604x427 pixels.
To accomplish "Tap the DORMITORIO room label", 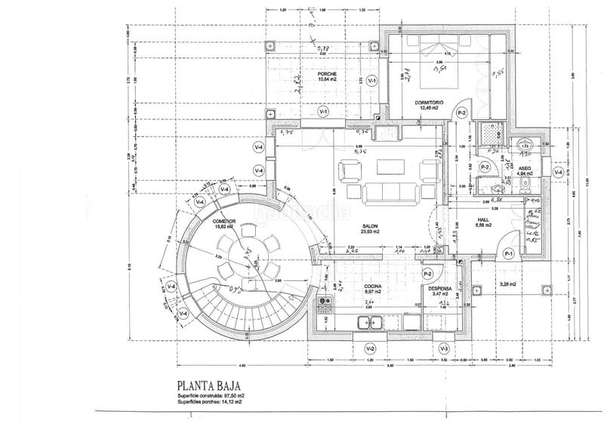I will click(x=429, y=101).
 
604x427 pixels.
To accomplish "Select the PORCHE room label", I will click(x=326, y=73).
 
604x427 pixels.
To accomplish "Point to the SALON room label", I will click(x=369, y=226).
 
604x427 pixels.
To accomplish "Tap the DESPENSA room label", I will click(x=439, y=288).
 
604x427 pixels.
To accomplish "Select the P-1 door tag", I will click(x=508, y=254).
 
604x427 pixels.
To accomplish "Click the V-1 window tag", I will click(x=323, y=112).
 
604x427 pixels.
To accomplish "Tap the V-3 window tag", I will click(x=445, y=348).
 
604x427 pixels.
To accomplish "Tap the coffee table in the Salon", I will click(x=390, y=167).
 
